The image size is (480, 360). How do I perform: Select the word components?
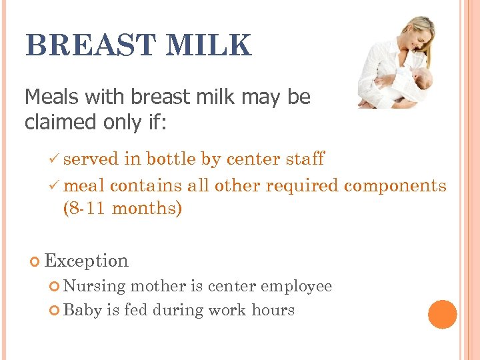(x=395, y=186)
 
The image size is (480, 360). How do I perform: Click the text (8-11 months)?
(x=122, y=209)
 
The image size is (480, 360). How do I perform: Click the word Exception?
(x=86, y=261)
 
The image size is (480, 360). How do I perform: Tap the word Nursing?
(x=95, y=287)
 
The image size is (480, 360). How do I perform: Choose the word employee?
(x=296, y=287)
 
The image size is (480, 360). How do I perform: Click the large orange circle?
(x=443, y=314)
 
